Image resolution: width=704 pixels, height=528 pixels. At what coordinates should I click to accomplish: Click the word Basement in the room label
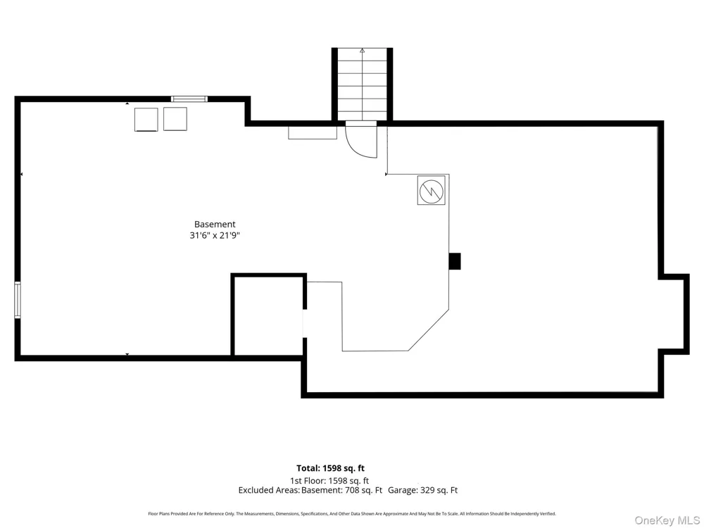point(215,224)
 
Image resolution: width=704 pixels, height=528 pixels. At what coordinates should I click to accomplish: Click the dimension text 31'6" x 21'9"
point(215,235)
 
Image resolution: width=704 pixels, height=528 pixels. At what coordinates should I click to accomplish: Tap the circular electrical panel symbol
point(431,191)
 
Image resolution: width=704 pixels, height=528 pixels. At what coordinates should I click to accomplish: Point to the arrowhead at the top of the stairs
point(363,50)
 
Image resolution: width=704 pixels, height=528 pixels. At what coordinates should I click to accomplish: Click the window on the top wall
point(189,99)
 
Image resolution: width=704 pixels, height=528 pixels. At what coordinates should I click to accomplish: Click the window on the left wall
point(18,299)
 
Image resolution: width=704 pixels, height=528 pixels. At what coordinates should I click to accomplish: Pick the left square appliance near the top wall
point(146,120)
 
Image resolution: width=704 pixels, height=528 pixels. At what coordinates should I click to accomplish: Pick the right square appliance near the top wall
point(175,119)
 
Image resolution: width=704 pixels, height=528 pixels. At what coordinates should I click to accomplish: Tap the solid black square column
point(455,261)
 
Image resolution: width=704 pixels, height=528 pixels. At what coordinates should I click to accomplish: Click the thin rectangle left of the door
point(313,132)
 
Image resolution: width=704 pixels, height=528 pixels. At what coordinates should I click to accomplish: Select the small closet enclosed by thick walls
point(268,315)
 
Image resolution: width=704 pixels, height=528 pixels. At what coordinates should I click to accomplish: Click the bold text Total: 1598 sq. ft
point(330,469)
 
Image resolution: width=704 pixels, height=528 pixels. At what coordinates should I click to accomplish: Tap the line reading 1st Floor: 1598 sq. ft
point(329,481)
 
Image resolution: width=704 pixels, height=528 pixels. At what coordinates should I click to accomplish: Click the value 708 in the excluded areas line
point(352,490)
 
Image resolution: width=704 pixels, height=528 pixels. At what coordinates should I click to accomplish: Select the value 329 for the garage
point(427,490)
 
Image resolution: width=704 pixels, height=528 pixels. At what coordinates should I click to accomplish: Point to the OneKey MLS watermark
point(667,520)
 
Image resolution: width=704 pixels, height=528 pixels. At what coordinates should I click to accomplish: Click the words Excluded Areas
point(268,490)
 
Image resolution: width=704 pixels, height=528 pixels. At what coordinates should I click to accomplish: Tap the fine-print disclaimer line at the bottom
point(352,514)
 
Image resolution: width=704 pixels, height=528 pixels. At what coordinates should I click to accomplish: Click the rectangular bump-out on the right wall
point(674,314)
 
